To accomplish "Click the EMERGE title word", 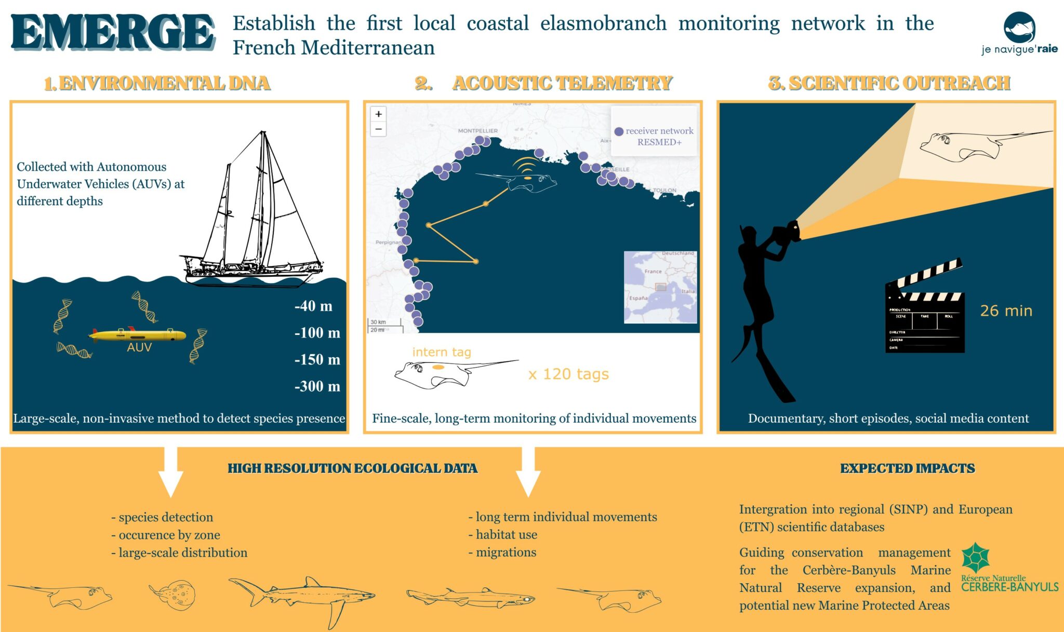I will pyautogui.click(x=112, y=32).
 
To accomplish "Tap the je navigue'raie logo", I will pyautogui.click(x=1019, y=34).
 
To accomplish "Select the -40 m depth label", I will pyautogui.click(x=313, y=306).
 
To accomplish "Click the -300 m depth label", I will pyautogui.click(x=317, y=386).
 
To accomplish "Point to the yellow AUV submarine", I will pyautogui.click(x=138, y=335).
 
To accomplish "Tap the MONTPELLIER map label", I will pyautogui.click(x=477, y=131).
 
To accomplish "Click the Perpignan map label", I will pyautogui.click(x=388, y=243).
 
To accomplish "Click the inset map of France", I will pyautogui.click(x=660, y=287).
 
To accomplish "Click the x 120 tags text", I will pyautogui.click(x=568, y=374).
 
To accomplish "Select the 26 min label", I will pyautogui.click(x=1006, y=311).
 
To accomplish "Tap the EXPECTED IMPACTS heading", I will pyautogui.click(x=907, y=468).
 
